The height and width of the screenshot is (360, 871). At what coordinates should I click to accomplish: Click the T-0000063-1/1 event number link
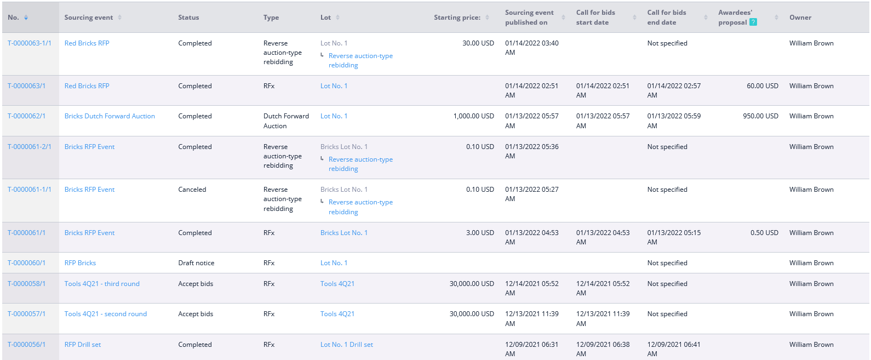[x=30, y=43]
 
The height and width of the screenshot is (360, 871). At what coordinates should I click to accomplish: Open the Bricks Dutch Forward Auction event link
[x=110, y=116]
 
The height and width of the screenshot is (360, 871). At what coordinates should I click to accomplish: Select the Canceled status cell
[x=192, y=190]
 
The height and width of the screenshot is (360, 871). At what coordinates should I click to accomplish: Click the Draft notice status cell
[x=196, y=263]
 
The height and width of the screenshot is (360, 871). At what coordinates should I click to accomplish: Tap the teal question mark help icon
[x=753, y=22]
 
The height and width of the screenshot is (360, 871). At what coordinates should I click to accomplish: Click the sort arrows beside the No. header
[x=26, y=18]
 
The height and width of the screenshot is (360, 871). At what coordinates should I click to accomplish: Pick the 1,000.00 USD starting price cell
[x=474, y=116]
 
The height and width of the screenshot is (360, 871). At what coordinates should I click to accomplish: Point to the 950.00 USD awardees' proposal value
[x=760, y=116]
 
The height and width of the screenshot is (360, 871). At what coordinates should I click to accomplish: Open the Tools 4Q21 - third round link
[x=102, y=284]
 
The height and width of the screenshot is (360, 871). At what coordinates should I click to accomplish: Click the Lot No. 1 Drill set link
[x=347, y=345]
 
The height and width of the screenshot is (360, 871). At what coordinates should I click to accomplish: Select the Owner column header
[x=800, y=18]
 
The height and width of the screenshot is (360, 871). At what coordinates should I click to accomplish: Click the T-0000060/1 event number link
[x=26, y=263]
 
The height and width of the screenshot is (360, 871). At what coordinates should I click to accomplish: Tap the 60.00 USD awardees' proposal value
[x=763, y=86]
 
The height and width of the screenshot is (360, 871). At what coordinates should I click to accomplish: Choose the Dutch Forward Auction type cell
[x=286, y=121]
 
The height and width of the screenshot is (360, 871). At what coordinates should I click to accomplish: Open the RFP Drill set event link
[x=83, y=345]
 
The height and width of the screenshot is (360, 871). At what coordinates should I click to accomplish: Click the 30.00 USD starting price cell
[x=478, y=43]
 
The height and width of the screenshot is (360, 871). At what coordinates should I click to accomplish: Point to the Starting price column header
[x=457, y=18]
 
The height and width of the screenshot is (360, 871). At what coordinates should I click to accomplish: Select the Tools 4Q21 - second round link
[x=106, y=314]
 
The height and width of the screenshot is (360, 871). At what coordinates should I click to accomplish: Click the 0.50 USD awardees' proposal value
[x=765, y=232]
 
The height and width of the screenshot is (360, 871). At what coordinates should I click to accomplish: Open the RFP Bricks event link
[x=80, y=263]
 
